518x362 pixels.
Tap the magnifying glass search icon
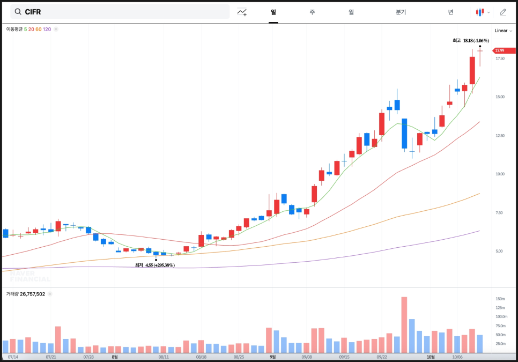pos(18,12)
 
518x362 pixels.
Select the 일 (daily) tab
pos(273,12)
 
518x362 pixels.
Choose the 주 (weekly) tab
pos(312,12)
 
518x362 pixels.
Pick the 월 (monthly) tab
pos(351,12)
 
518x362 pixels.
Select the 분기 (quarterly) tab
pos(401,12)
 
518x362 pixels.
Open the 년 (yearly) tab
pos(450,12)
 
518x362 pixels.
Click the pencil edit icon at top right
pos(502,12)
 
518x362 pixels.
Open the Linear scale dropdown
pos(503,31)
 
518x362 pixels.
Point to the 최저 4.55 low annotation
pos(154,265)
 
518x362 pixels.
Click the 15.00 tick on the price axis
pos(500,97)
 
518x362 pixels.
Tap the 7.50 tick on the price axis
pos(500,213)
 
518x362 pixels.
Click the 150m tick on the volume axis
pos(500,299)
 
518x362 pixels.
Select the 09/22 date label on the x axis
pos(382,357)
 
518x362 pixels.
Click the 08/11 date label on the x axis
pos(164,357)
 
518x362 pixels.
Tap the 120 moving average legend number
pos(47,29)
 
